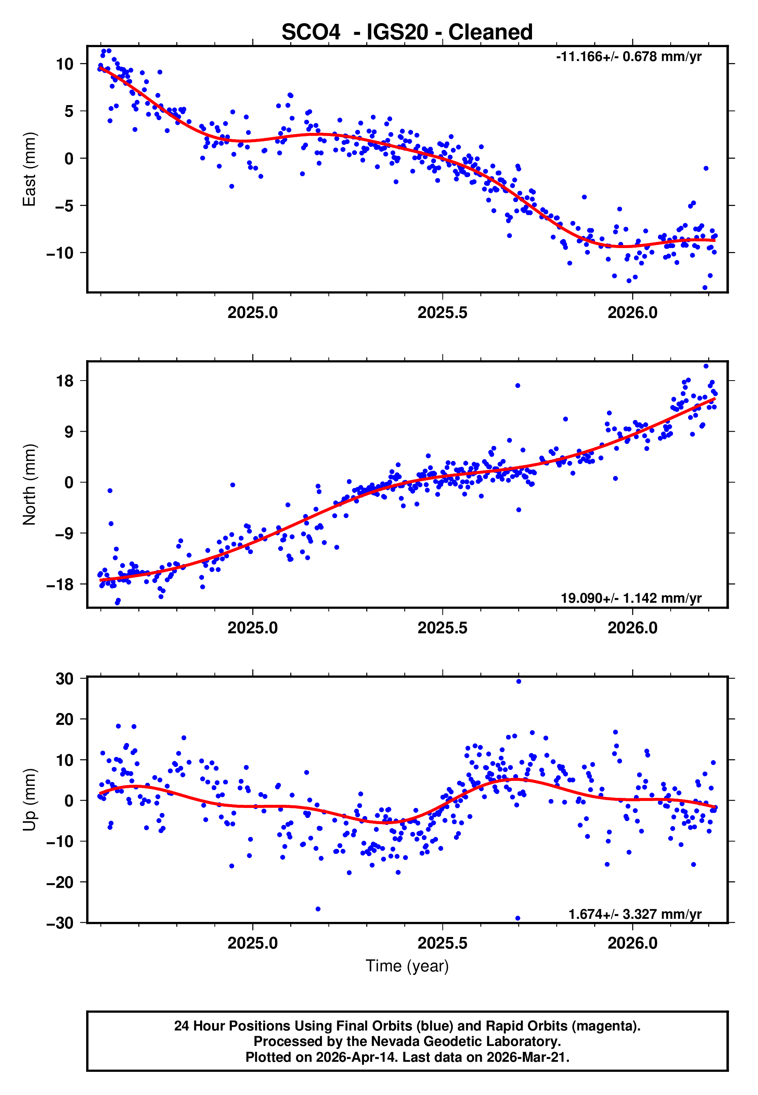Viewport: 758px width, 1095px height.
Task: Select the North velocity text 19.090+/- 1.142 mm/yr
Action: pyautogui.click(x=631, y=598)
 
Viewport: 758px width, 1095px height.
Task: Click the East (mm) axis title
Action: pyautogui.click(x=29, y=169)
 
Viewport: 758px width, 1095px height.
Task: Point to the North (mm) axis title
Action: pyautogui.click(x=29, y=485)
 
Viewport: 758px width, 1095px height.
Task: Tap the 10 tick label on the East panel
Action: pyautogui.click(x=65, y=64)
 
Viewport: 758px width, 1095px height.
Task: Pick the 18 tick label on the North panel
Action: pyautogui.click(x=65, y=381)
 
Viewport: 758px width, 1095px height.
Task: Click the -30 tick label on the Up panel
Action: pyautogui.click(x=60, y=923)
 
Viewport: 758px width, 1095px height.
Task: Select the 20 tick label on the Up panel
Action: pyautogui.click(x=65, y=719)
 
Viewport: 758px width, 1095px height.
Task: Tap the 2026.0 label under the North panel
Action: pyautogui.click(x=632, y=628)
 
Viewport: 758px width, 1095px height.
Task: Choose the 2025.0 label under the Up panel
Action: pyautogui.click(x=252, y=943)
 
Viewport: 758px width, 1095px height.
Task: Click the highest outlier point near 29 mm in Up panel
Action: pyautogui.click(x=518, y=682)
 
